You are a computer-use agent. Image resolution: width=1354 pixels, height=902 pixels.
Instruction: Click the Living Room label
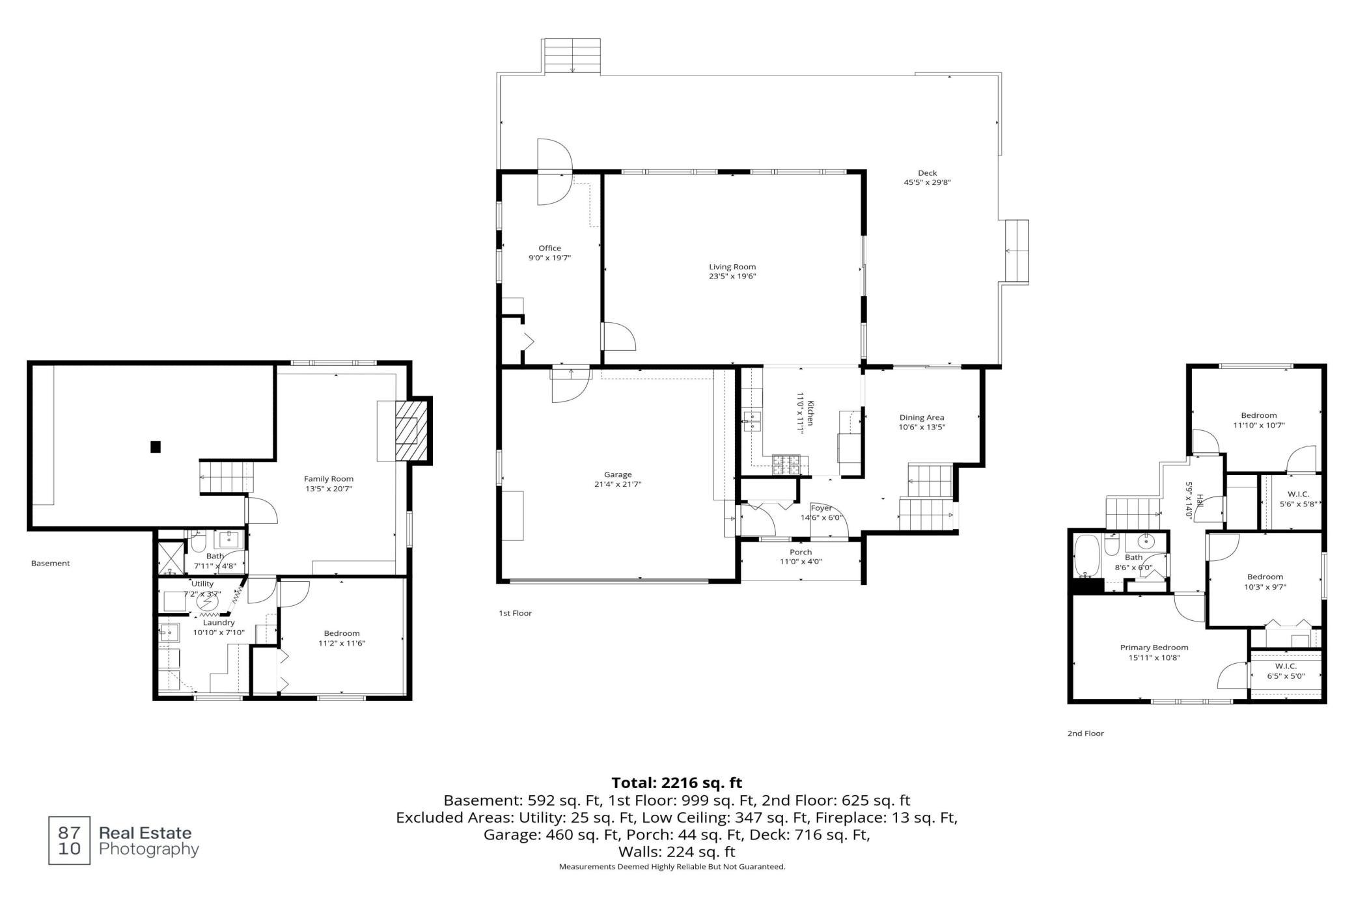732,267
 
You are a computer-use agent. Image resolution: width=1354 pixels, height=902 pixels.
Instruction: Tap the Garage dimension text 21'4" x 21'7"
618,484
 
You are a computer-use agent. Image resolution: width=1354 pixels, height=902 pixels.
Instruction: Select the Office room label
549,248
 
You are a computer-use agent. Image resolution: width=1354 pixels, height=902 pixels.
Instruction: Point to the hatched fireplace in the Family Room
412,431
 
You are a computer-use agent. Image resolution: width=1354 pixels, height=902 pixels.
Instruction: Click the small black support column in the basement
156,446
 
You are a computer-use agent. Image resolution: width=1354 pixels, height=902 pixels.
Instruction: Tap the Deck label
927,173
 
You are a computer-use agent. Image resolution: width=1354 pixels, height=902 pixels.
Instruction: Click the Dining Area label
922,418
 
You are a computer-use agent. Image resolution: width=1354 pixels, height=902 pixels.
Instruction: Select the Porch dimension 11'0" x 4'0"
801,562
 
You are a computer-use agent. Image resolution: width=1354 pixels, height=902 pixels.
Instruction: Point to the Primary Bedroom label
1154,648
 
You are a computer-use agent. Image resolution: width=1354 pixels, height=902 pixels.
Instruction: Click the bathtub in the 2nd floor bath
1086,556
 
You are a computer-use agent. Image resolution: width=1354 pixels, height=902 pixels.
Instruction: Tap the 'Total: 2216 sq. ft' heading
676,783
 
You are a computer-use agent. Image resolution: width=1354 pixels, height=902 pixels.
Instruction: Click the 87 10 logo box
70,840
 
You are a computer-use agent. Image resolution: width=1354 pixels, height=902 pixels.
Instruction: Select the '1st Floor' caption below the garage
515,613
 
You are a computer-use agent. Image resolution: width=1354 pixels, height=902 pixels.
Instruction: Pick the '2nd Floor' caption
1085,733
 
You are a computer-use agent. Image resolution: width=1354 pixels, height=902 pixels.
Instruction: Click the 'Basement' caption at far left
50,564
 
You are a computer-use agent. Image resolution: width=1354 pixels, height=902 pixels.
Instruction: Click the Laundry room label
218,623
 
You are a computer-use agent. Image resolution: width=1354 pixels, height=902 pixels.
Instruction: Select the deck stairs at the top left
572,57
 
